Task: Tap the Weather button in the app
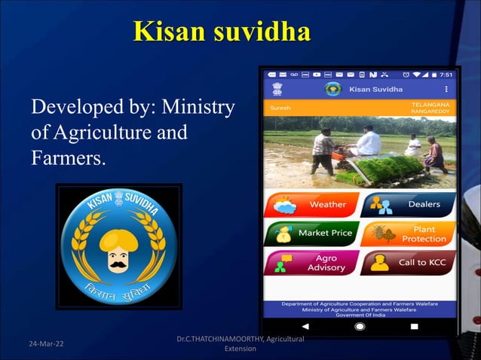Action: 311,204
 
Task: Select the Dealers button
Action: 409,204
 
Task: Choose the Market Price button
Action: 311,233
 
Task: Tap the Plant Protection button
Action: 409,233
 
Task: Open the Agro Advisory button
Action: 311,263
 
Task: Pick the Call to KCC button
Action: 409,263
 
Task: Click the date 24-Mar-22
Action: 46,344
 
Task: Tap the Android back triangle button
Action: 305,327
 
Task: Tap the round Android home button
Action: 360,327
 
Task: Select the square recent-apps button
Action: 414,327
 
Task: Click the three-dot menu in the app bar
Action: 446,90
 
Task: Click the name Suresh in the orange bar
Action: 280,108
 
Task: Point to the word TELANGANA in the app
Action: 431,104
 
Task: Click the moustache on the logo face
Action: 118,265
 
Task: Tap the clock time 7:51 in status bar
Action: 446,75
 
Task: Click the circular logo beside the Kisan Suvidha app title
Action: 332,90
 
